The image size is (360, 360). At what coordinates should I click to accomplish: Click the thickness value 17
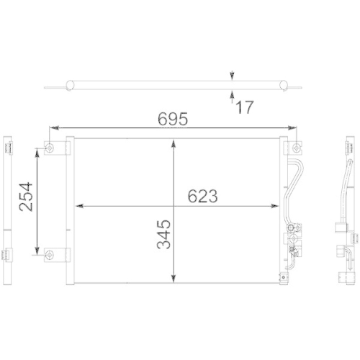pyautogui.click(x=244, y=108)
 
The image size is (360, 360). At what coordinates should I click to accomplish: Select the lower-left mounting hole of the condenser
pyautogui.click(x=50, y=253)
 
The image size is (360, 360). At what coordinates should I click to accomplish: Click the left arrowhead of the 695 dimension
pyautogui.click(x=53, y=128)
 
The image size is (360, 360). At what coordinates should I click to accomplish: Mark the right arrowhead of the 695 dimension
pyautogui.click(x=294, y=128)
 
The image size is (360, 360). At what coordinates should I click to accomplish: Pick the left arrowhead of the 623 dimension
pyautogui.click(x=78, y=206)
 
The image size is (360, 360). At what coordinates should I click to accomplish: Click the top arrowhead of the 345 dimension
pyautogui.click(x=173, y=142)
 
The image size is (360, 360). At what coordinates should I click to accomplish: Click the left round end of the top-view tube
pyautogui.click(x=71, y=86)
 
